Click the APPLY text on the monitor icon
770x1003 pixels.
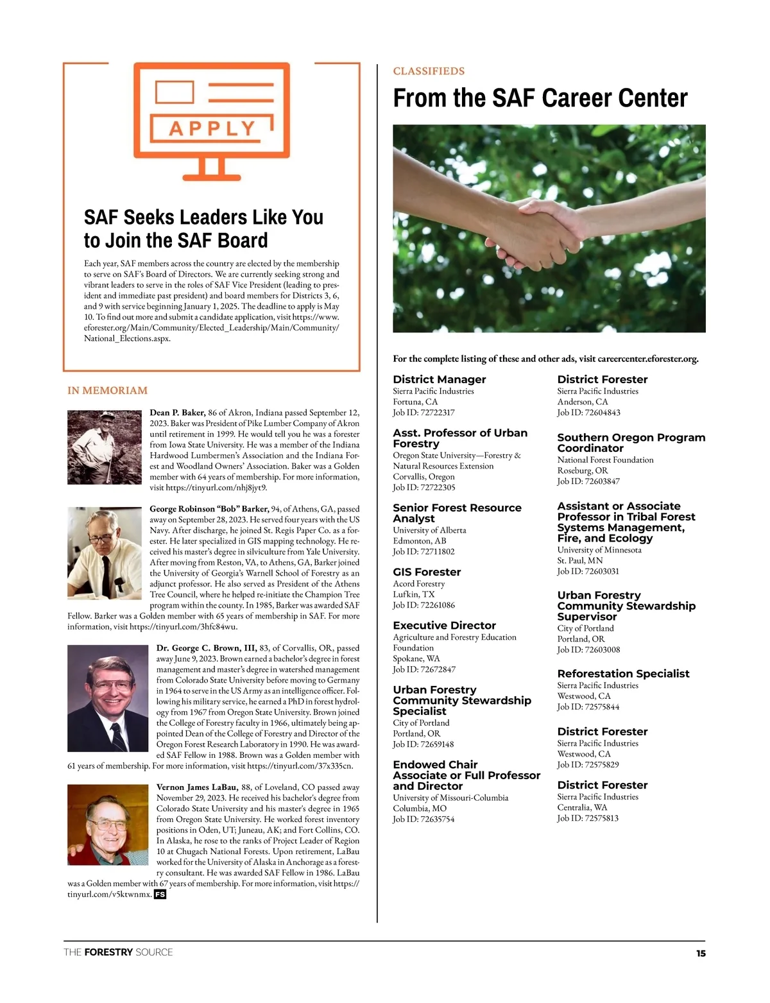coord(212,129)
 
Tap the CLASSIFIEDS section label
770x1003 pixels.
coord(429,71)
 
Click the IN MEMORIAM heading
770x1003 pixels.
coord(107,390)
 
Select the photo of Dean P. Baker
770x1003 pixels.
coord(105,447)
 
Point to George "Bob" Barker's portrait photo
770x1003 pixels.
coord(105,553)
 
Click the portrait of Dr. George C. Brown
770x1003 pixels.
coord(107,698)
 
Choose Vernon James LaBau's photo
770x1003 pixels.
coord(108,825)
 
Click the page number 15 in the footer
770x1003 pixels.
coord(701,954)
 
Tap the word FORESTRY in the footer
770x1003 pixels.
coord(108,952)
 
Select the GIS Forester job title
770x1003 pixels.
coord(427,572)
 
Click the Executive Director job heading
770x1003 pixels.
coord(444,625)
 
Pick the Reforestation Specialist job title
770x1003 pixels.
coord(623,673)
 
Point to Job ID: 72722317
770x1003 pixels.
coord(424,413)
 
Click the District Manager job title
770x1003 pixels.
coord(439,379)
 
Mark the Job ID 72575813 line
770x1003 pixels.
coord(588,818)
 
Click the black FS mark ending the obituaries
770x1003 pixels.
coord(160,895)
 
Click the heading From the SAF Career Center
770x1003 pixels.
coord(540,98)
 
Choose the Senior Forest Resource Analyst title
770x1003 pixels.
coord(457,513)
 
